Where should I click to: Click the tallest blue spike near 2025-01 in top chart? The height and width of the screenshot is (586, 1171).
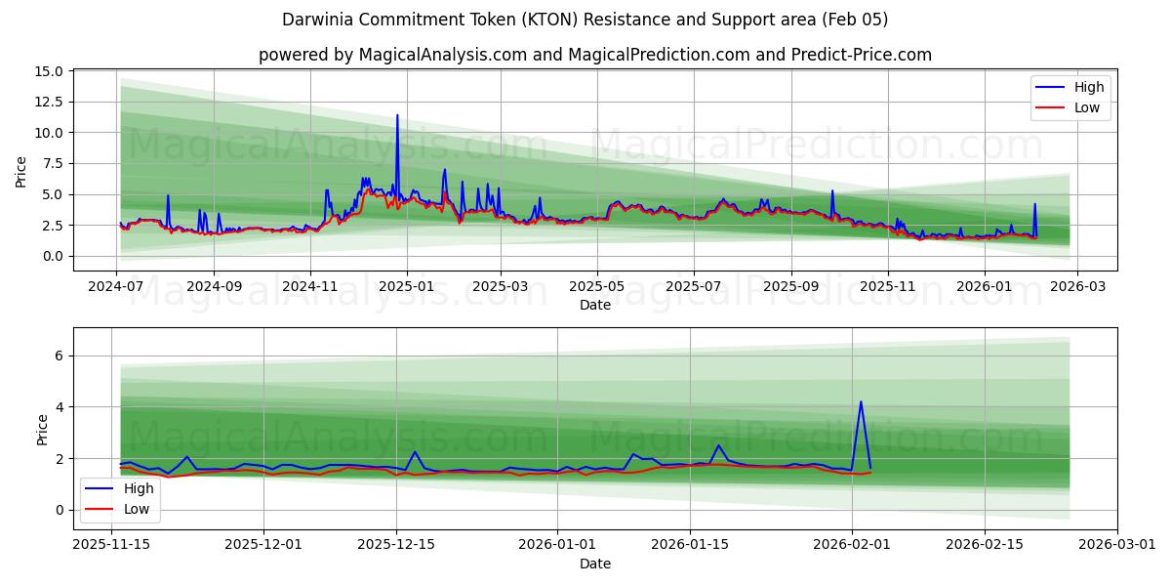(397, 116)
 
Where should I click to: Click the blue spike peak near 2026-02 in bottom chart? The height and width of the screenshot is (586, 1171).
(861, 401)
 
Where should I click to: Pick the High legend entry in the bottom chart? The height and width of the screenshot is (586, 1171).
(138, 487)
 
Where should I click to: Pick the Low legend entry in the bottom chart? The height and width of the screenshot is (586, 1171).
(136, 508)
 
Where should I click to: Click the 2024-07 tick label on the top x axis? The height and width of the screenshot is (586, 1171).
(117, 286)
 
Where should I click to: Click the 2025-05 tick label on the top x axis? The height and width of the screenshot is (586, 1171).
(595, 286)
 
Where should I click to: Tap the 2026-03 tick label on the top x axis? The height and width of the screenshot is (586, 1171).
(1077, 286)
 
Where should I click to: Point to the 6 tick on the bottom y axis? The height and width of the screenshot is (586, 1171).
(59, 356)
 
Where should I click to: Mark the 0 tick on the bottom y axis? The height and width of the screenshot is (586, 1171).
(59, 510)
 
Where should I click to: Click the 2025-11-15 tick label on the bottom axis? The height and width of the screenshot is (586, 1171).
(112, 545)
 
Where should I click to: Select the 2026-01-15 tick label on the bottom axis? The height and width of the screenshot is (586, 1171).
(690, 545)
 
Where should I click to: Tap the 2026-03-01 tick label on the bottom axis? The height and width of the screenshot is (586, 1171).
(1117, 545)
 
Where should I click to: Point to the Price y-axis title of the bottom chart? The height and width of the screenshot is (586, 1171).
(42, 429)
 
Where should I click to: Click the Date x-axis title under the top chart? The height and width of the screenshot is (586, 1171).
(595, 305)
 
